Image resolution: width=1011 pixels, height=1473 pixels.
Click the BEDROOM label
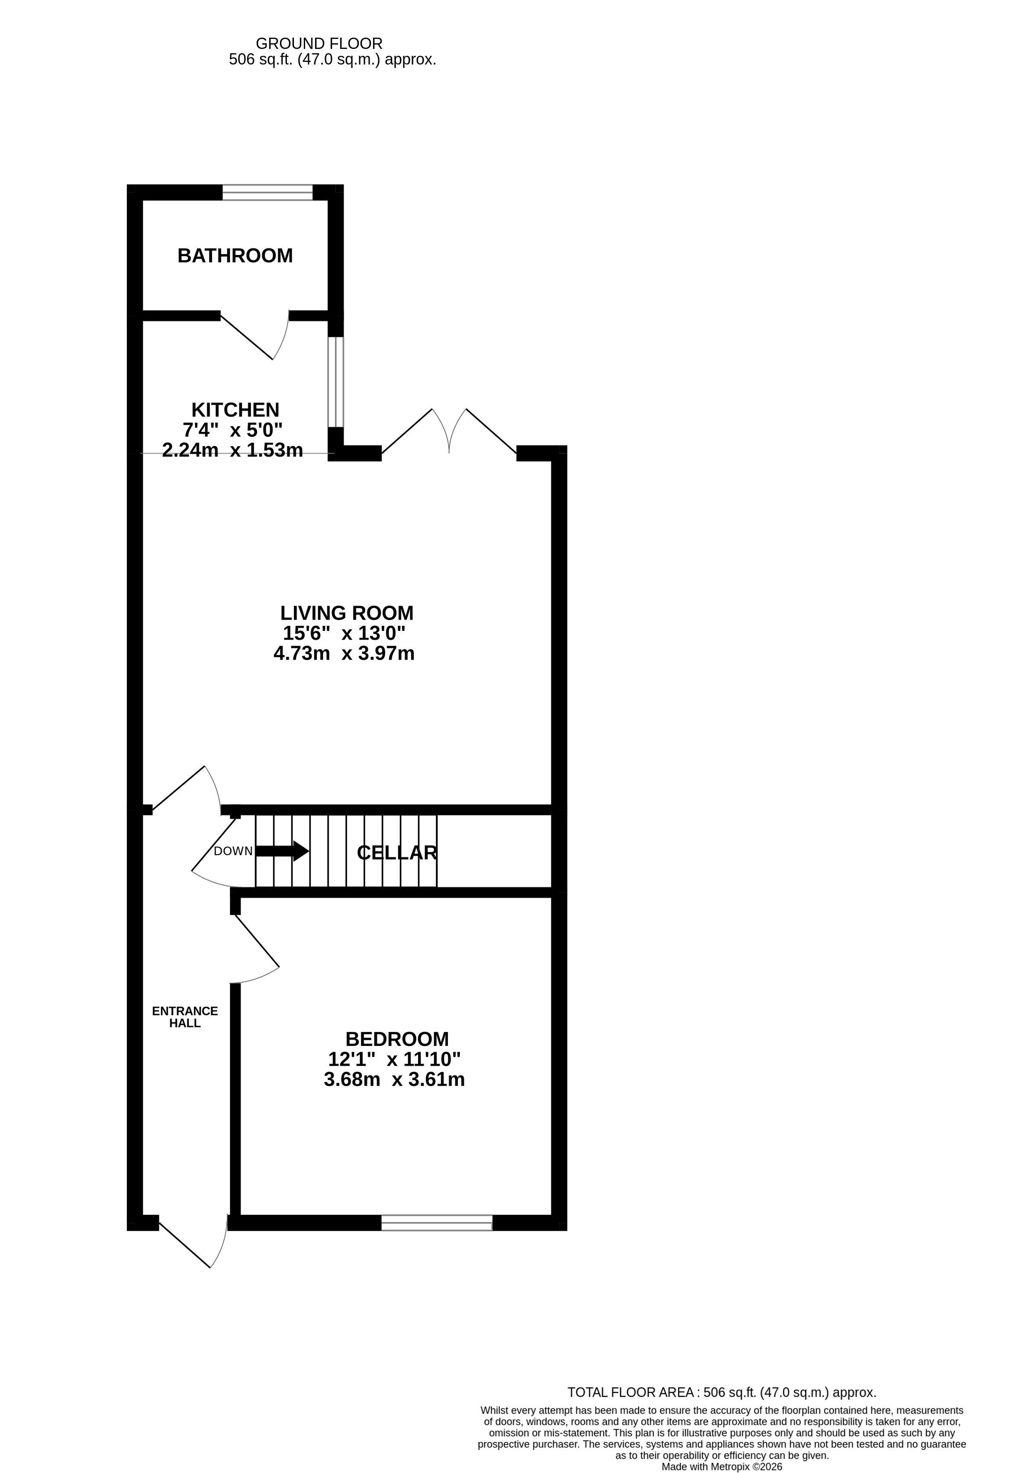(x=397, y=1039)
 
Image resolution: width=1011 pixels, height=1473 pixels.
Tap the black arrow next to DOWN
(x=282, y=851)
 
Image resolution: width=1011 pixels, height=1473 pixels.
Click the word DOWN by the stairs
(x=233, y=851)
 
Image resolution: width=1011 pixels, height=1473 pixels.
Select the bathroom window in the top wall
(x=267, y=192)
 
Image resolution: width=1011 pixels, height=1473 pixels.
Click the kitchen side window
(x=336, y=382)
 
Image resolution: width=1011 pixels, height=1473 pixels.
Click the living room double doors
(x=449, y=431)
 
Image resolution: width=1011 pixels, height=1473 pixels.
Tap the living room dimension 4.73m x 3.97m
(x=344, y=653)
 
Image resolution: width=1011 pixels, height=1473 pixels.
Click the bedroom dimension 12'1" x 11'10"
(x=394, y=1059)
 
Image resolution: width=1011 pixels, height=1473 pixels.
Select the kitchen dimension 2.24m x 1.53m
(x=232, y=450)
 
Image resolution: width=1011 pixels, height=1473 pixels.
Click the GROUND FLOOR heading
(x=319, y=44)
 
